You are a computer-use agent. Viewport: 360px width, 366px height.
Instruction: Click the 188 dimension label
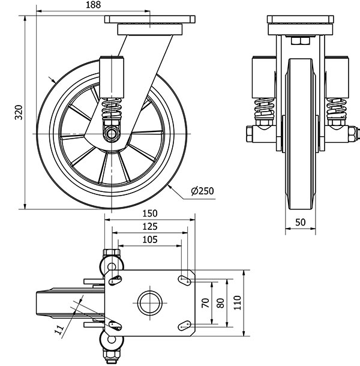[93, 5]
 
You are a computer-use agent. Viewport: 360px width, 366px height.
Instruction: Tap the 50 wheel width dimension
[301, 221]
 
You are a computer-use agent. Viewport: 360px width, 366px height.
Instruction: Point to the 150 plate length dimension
[150, 213]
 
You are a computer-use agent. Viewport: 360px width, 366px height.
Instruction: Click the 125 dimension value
[150, 226]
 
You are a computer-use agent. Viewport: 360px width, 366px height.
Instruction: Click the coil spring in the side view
[112, 109]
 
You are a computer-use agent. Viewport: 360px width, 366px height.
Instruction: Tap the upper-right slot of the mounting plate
[186, 278]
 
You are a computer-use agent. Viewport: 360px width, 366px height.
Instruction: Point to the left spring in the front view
[264, 109]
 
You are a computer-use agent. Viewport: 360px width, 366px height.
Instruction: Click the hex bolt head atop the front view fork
[301, 40]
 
